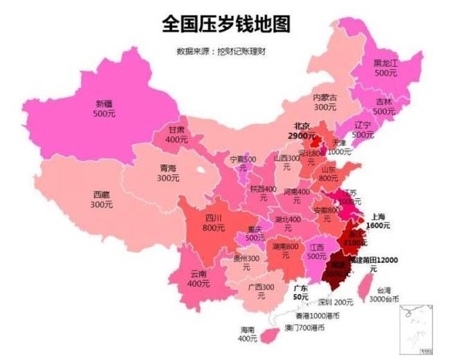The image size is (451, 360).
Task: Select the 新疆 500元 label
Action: coord(105,108)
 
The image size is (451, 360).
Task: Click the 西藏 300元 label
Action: coord(100,200)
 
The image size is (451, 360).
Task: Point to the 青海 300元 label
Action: coord(168,173)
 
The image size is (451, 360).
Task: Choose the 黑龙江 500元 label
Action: coord(385,67)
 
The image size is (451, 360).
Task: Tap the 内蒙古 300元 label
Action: coord(325,102)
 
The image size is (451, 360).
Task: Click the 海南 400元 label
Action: coord(248,334)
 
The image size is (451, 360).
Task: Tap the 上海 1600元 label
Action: coord(378,221)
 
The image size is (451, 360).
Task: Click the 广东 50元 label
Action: coord(301,292)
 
